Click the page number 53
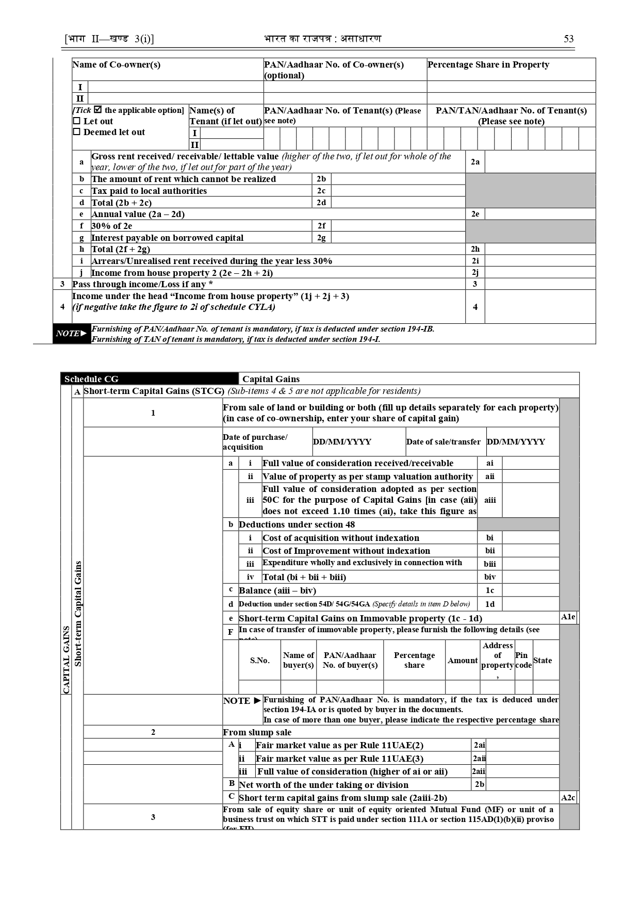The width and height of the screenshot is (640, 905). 568,39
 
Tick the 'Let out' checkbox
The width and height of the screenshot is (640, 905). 77,121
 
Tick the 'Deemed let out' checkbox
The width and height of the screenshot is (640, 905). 77,132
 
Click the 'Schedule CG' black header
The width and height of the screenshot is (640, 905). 149,379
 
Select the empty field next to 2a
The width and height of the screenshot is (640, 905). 540,162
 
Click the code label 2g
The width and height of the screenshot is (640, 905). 321,238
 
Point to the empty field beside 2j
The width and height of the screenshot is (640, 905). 540,273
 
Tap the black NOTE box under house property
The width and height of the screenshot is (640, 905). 72,334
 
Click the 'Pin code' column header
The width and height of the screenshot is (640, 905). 523,660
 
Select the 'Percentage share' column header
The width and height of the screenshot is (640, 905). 414,660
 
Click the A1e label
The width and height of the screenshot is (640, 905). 568,617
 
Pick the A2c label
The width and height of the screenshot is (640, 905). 568,798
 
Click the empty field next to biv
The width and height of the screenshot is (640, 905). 530,577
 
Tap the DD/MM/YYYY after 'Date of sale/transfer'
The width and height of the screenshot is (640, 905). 516,442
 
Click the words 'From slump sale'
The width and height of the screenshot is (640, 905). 257,732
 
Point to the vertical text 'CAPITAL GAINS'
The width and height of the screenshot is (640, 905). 66,660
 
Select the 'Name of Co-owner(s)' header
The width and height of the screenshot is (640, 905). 117,65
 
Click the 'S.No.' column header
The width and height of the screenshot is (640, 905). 259,661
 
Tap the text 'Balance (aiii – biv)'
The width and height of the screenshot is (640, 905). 277,590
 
